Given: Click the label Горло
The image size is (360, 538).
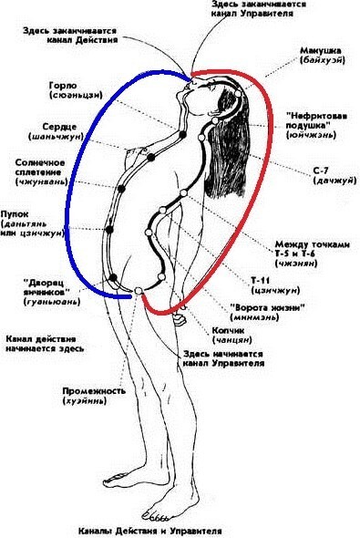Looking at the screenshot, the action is pyautogui.click(x=63, y=86).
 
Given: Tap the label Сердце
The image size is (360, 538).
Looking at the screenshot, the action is pyautogui.click(x=59, y=127).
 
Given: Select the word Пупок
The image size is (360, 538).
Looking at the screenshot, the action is pyautogui.click(x=15, y=214).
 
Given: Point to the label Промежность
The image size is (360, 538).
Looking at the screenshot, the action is pyautogui.click(x=89, y=391).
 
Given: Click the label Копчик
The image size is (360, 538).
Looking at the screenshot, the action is pyautogui.click(x=228, y=330).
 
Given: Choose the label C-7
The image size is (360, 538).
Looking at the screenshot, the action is pyautogui.click(x=321, y=171).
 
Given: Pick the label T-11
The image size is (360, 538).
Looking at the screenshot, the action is pyautogui.click(x=260, y=280).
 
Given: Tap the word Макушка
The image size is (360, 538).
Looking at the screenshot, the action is pyautogui.click(x=321, y=51).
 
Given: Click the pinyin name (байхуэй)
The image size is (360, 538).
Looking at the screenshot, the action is pyautogui.click(x=323, y=60).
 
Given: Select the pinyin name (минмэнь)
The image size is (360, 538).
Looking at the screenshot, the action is pyautogui.click(x=254, y=317).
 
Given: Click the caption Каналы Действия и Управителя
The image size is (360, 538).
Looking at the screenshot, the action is pyautogui.click(x=149, y=531).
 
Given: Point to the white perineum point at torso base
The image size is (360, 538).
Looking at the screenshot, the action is pyautogui.click(x=139, y=291).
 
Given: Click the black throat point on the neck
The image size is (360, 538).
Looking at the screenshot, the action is pyautogui.click(x=182, y=134).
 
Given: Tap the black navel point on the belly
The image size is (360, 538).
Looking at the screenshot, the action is pyautogui.click(x=109, y=230).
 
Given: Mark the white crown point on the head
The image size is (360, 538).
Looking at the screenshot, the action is pyautogui.click(x=238, y=93).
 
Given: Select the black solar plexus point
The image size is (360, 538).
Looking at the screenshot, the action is pyautogui.click(x=121, y=189).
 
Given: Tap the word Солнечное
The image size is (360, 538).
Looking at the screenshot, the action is pyautogui.click(x=40, y=162).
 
